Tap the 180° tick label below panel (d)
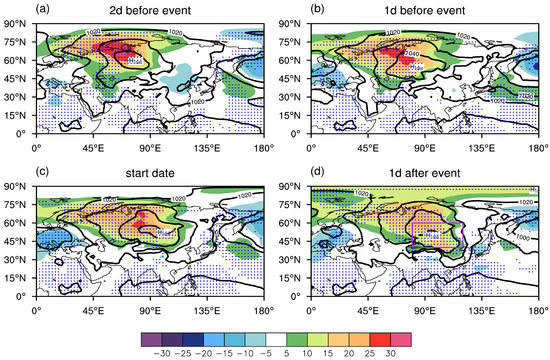[x=539, y=306]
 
